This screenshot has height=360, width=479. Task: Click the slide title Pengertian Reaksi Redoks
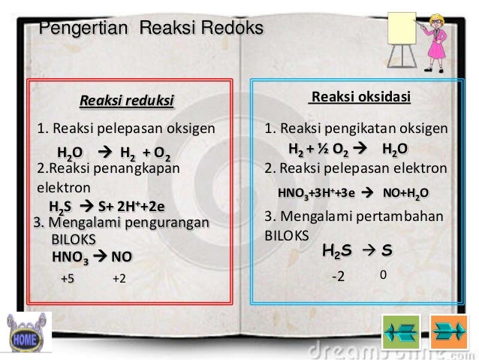coord(151,29)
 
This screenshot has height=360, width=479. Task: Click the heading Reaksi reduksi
coord(126,100)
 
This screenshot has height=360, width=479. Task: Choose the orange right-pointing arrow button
coord(448,331)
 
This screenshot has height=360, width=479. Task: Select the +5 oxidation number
coord(68,280)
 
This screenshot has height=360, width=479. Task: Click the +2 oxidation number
coord(119,280)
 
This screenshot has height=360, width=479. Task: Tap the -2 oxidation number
coord(338,277)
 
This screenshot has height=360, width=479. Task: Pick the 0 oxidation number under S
coord(383,275)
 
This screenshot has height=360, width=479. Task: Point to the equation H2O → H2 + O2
coord(113,155)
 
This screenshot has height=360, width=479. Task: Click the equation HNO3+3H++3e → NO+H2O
coord(353,192)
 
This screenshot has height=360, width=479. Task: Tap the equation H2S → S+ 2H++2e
coord(106,206)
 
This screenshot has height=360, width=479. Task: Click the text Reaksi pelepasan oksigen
coord(126,128)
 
